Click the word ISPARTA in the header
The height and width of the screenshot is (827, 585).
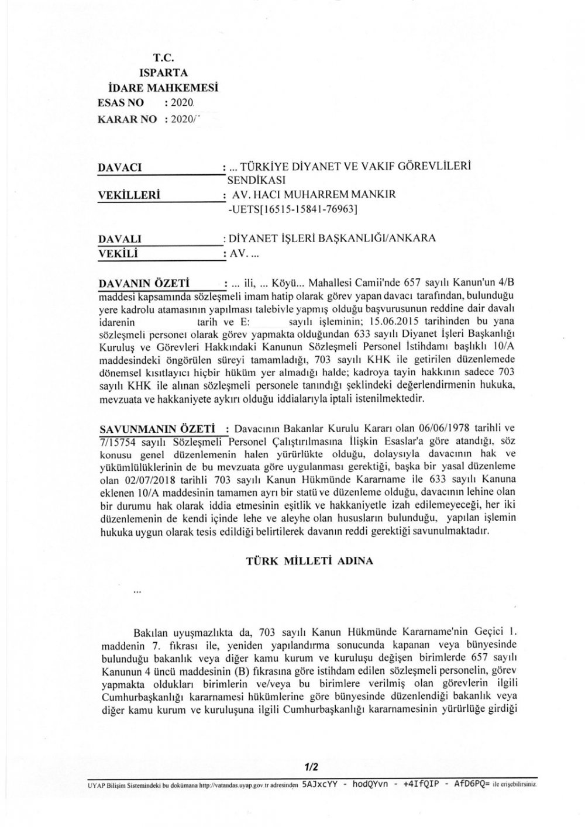164,73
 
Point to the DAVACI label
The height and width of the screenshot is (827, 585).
121,167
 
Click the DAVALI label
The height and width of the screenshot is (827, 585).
121,239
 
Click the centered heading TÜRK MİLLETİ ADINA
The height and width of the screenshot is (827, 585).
308,560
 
